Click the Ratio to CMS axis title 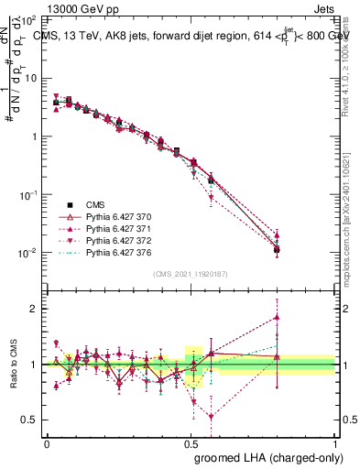pyautogui.click(x=14, y=379)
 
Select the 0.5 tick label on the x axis pyautogui.click(x=191, y=442)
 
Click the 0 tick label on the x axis pyautogui.click(x=47, y=442)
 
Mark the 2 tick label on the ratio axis pyautogui.click(x=33, y=309)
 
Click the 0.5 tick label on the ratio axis pyautogui.click(x=29, y=420)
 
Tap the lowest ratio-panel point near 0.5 pyautogui.click(x=212, y=417)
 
